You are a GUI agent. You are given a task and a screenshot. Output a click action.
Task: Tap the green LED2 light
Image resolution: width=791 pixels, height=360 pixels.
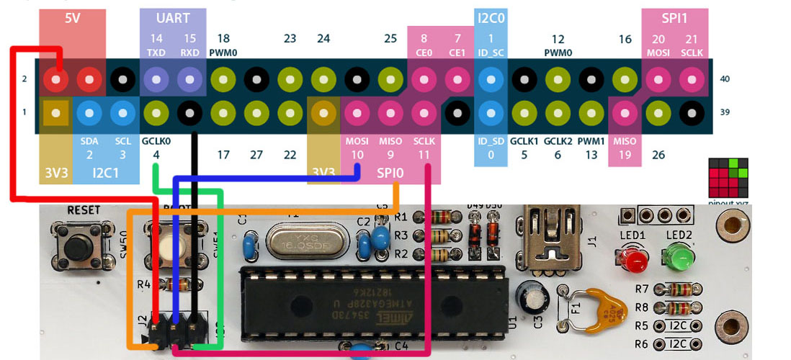[x=678, y=256]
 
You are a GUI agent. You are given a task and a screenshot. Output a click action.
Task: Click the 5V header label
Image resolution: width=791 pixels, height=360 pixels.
[x=73, y=19]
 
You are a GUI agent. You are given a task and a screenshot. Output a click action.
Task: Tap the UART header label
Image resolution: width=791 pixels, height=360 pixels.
[x=173, y=18]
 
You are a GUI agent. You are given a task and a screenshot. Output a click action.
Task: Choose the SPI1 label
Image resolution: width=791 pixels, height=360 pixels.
[x=674, y=18]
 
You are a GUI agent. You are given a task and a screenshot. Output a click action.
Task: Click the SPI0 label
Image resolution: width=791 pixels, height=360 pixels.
[x=390, y=173]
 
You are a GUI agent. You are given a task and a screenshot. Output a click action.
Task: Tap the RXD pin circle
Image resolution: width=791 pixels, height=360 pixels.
[x=189, y=78]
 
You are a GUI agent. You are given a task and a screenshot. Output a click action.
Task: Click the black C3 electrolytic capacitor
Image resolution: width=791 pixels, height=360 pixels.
[x=529, y=295]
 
